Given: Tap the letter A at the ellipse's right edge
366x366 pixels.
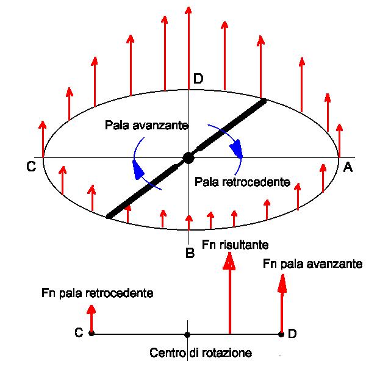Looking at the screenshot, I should point(348,168).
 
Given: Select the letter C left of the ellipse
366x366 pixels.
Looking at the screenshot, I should point(30,167).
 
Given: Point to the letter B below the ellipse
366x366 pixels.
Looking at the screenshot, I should point(190,253).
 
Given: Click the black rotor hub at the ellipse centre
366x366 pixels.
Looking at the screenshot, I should point(188,158).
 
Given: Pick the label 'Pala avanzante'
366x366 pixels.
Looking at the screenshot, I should point(146,125).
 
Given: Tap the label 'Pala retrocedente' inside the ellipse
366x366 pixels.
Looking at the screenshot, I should point(242,182).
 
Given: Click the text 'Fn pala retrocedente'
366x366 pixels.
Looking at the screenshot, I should point(97,293).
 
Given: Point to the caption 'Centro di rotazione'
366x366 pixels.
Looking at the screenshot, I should point(201,353).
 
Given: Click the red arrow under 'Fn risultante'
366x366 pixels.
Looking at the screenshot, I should point(230,293).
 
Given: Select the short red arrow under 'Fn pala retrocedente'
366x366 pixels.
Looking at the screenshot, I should point(91,317).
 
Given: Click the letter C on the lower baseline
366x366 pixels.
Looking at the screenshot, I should point(79,333).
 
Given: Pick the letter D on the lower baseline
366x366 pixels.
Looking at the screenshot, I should point(293,334).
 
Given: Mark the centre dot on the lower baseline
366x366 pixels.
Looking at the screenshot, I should point(187,334).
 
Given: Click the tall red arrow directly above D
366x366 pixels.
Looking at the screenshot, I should point(189,43).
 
